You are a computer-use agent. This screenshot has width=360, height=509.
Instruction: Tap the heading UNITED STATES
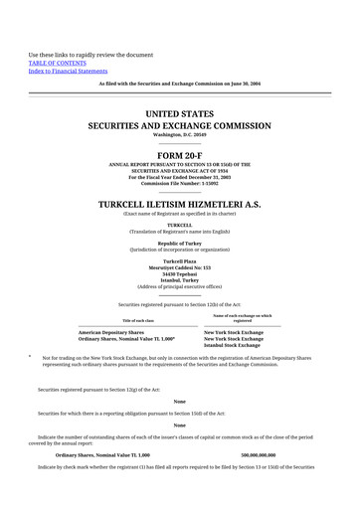(x=179, y=115)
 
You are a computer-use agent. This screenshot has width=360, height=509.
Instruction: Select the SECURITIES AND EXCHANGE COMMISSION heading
(x=179, y=126)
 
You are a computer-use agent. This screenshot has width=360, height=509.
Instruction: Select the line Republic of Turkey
(x=179, y=243)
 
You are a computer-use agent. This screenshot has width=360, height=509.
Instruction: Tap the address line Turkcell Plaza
(x=179, y=261)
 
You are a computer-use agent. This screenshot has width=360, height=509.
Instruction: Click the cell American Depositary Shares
(x=110, y=332)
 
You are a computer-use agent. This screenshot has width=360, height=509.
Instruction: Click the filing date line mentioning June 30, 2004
(x=179, y=83)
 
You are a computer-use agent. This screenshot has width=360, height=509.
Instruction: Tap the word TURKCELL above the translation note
(x=179, y=225)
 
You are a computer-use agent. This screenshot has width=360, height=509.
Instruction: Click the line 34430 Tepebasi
(x=179, y=273)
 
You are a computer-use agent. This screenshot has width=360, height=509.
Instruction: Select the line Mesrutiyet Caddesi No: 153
(x=179, y=267)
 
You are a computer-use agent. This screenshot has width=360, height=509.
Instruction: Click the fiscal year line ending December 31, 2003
(x=179, y=177)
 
